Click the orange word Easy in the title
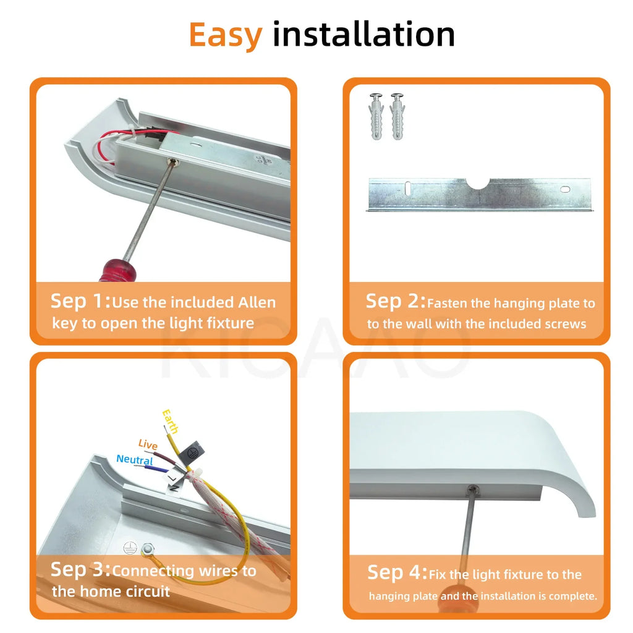[226, 35]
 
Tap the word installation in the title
[364, 34]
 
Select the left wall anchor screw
[376, 117]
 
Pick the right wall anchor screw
[397, 117]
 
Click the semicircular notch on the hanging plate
[478, 184]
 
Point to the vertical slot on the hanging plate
[408, 188]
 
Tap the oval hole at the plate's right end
[565, 189]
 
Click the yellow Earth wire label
[170, 422]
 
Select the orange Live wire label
[148, 444]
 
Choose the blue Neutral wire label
[134, 460]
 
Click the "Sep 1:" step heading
[80, 301]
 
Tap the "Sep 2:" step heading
[396, 301]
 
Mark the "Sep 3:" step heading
[80, 569]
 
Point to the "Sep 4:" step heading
[397, 572]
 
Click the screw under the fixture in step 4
[472, 490]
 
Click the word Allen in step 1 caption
[257, 302]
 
